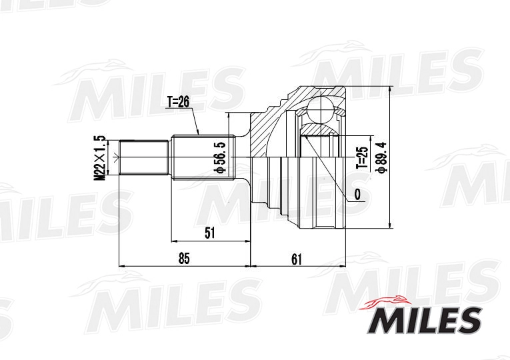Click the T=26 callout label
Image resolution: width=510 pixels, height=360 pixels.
178,102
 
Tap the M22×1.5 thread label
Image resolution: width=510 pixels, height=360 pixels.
101,157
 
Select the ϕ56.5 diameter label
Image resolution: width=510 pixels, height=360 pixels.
220,157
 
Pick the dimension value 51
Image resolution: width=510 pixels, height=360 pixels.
210,233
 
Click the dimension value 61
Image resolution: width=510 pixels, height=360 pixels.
296,259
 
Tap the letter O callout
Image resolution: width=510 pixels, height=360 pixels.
357,195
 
